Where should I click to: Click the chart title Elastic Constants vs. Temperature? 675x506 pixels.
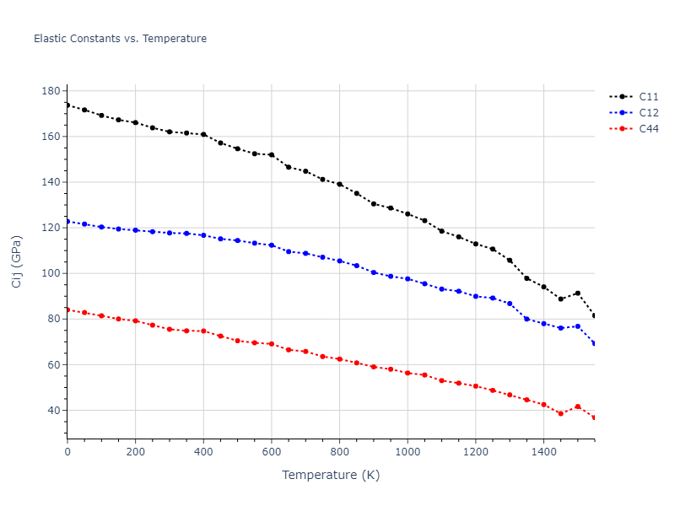tap(120, 39)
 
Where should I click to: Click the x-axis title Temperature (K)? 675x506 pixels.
tap(331, 475)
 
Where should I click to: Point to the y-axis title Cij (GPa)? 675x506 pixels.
tap(17, 261)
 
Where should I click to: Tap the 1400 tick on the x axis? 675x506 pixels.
tap(543, 451)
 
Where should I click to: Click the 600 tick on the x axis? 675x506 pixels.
tap(272, 451)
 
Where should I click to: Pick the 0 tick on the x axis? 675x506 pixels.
tap(67, 451)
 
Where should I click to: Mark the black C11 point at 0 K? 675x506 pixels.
tap(67, 105)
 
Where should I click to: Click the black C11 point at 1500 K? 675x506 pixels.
tap(577, 293)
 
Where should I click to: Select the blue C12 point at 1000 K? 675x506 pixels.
tap(408, 278)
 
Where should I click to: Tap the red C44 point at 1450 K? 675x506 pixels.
tap(560, 413)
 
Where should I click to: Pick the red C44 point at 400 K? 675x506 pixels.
tap(203, 331)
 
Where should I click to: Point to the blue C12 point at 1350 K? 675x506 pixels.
tap(526, 319)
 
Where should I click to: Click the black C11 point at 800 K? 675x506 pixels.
tap(339, 184)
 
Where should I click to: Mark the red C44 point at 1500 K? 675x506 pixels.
tap(577, 406)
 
